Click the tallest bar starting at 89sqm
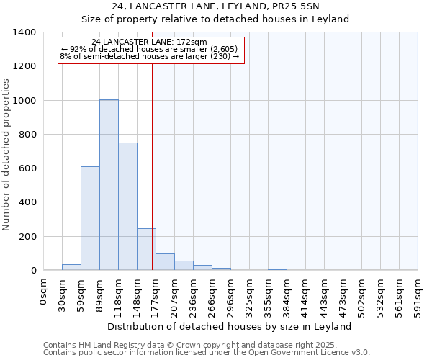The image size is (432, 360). [109, 185]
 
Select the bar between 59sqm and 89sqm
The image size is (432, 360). [90, 218]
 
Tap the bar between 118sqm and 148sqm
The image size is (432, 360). [127, 207]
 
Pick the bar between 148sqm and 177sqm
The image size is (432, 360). [146, 249]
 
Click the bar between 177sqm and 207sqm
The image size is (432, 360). [165, 262]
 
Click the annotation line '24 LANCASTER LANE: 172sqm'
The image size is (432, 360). [150, 42]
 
